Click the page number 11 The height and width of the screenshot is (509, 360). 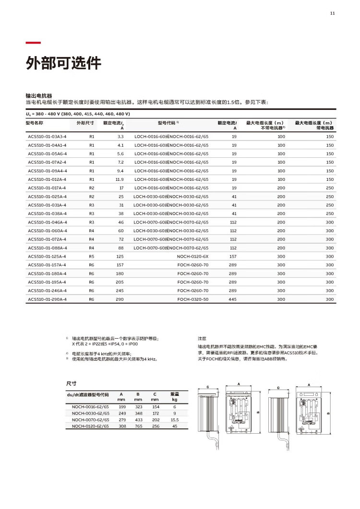pos(332,13)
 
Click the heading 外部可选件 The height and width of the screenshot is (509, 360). pos(63,63)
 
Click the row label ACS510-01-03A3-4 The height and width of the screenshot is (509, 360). pos(47,137)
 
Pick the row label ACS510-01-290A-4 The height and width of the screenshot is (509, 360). pos(47,299)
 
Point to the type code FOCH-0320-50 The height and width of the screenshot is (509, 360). pos(193,299)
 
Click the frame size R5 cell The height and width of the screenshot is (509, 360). pos(91,256)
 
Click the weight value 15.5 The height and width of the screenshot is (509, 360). pos(175,419)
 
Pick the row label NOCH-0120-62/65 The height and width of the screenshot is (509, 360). pos(90,426)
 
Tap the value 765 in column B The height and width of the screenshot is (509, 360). pos(138,426)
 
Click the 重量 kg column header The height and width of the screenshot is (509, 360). pos(175,396)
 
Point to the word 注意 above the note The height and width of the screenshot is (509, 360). pos(203,338)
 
